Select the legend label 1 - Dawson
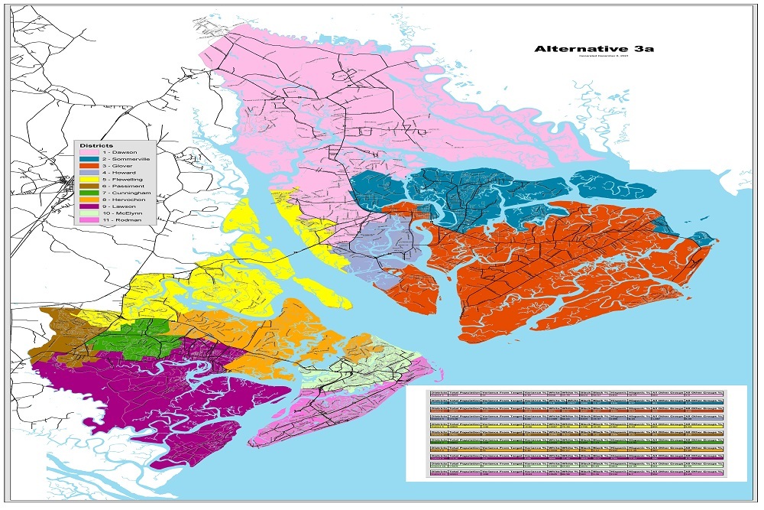(x=119, y=153)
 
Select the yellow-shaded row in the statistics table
(x=577, y=424)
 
